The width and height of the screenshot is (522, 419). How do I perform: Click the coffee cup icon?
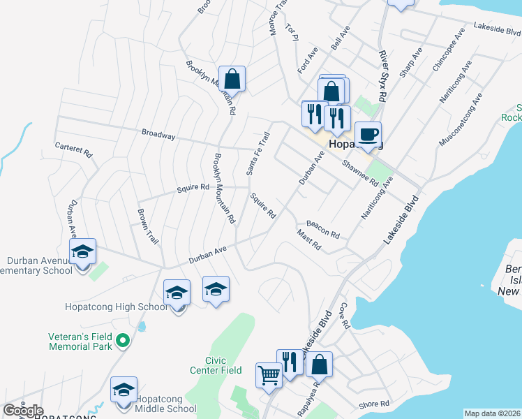pyautogui.click(x=368, y=133)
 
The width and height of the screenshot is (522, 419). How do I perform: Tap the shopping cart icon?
pyautogui.click(x=269, y=375)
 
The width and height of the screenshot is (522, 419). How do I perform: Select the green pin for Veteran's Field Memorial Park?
pyautogui.click(x=124, y=341)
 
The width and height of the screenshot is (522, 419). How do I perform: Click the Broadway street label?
pyautogui.click(x=158, y=135)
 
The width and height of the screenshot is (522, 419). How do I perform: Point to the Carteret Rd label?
pyautogui.click(x=74, y=150)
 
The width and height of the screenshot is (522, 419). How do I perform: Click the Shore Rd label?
pyautogui.click(x=374, y=404)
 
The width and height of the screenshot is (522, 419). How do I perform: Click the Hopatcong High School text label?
pyautogui.click(x=116, y=307)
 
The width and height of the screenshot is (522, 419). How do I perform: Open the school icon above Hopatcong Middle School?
pyautogui.click(x=124, y=390)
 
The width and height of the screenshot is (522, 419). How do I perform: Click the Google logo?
pyautogui.click(x=23, y=411)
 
